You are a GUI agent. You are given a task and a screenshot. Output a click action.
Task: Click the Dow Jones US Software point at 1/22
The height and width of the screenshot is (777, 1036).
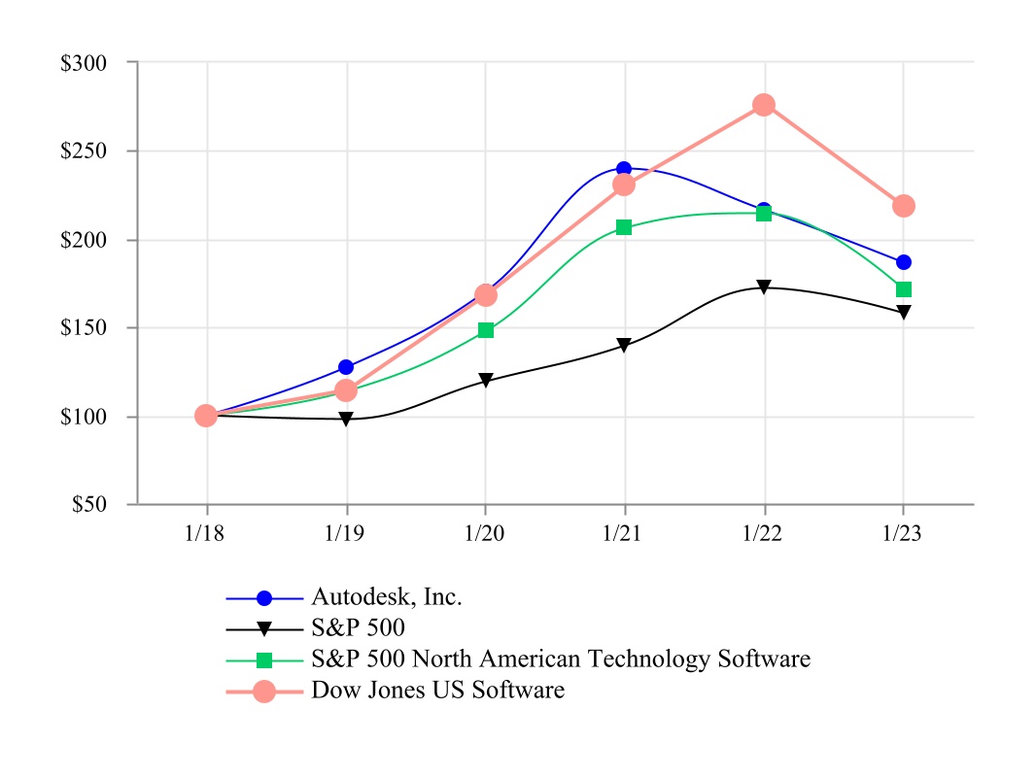coord(764,105)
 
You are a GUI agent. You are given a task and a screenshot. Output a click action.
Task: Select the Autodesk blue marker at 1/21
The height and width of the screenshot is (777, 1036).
coord(624,170)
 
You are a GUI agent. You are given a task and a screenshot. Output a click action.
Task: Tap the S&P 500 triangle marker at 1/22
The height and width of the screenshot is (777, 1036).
coord(764,287)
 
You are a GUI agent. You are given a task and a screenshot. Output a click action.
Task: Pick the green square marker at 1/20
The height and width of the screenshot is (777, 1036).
coord(486,330)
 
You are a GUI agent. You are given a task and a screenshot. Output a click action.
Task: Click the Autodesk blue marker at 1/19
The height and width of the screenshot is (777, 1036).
coord(346,367)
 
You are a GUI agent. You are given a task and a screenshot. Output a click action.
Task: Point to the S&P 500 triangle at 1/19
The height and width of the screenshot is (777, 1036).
coord(346,420)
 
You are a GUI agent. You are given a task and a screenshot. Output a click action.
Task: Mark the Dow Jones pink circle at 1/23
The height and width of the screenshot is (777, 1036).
coord(904,206)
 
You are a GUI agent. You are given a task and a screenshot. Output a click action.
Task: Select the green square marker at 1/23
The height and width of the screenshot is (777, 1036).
coord(904,289)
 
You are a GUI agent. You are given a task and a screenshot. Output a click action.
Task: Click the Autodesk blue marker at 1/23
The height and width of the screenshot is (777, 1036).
coord(904,262)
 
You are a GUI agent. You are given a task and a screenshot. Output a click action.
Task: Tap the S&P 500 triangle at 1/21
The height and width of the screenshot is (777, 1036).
coord(624,346)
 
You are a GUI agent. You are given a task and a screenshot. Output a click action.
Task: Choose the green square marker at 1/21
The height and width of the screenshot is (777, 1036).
coord(624,227)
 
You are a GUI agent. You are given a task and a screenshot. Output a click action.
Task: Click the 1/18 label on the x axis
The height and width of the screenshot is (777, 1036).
coord(206,533)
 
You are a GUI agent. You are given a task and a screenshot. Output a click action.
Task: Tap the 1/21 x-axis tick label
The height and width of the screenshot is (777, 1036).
coord(624,533)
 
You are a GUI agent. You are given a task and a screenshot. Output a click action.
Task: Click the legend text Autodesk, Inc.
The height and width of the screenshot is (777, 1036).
coord(386,596)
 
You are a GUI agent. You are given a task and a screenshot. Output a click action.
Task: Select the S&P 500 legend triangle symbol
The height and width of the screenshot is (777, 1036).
coord(264,628)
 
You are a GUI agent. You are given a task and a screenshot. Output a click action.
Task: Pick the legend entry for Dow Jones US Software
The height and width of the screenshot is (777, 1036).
coord(437,691)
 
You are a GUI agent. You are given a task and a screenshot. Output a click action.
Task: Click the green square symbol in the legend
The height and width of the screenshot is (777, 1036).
coord(264,659)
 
